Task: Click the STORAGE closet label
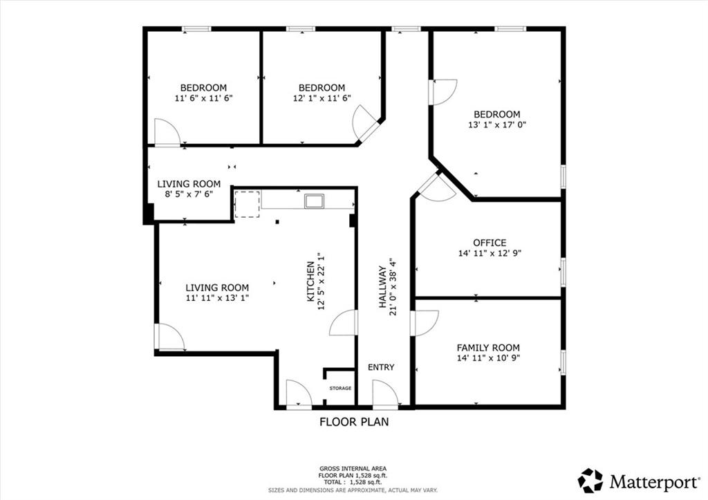(340, 389)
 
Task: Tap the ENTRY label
(381, 367)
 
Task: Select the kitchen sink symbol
(315, 201)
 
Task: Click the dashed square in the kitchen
(247, 204)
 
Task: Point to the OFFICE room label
(490, 243)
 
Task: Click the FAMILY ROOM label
(488, 348)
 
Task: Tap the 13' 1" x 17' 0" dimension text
(497, 124)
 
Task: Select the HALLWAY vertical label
(382, 287)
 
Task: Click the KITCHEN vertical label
(310, 281)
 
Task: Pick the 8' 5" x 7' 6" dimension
(189, 194)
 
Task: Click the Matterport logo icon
(590, 481)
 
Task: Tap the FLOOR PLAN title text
(354, 422)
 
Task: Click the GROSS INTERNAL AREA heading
(353, 469)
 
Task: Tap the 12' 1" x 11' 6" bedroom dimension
(322, 98)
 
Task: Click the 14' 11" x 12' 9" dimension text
(490, 253)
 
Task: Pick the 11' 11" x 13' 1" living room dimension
(217, 298)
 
